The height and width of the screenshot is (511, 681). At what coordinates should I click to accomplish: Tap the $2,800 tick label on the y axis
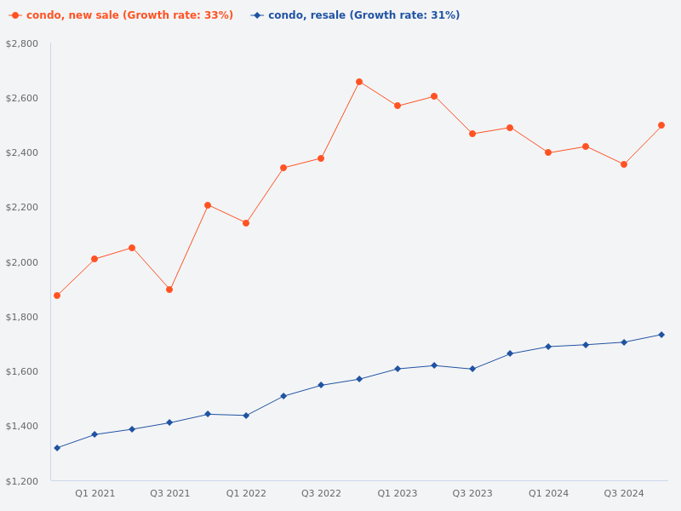coord(22,43)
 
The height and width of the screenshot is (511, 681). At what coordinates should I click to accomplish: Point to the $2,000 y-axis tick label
coord(22,262)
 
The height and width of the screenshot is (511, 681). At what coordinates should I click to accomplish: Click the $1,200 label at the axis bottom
coord(22,481)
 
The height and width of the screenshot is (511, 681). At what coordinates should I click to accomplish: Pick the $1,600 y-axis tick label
coord(22,371)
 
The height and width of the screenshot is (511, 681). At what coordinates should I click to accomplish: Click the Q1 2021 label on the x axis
coord(94,493)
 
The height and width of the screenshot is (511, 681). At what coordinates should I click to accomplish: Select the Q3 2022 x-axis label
coord(321,493)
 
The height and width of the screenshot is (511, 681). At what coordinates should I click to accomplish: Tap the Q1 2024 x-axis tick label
coord(548,493)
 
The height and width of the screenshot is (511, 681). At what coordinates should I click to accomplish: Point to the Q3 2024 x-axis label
coord(624,493)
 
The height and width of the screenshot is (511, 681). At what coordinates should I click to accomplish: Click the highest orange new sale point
coord(359,82)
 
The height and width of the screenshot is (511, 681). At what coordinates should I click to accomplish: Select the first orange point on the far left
coord(57,296)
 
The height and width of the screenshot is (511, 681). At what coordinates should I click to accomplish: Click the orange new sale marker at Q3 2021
coord(169,290)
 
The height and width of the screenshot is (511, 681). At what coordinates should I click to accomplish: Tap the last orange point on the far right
coord(661,125)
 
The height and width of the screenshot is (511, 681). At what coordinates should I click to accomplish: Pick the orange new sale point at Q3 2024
coord(624,164)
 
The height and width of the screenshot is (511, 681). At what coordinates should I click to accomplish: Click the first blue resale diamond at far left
coord(57,448)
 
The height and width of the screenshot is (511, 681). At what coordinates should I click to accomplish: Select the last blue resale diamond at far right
coord(661,335)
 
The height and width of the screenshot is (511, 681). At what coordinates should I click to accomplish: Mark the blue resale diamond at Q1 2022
coord(246,416)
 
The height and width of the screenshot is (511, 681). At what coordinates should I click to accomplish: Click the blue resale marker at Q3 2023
coord(472,369)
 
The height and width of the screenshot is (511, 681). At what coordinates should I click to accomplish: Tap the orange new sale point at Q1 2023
coord(398,106)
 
